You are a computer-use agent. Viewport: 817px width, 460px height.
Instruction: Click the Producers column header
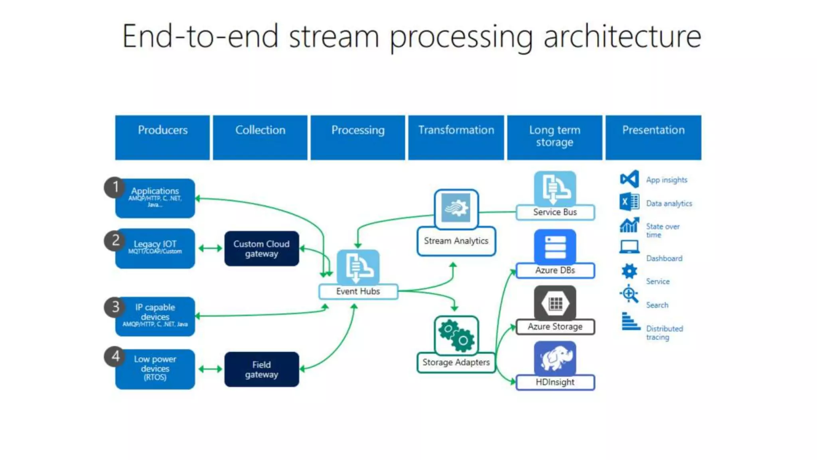[162, 137]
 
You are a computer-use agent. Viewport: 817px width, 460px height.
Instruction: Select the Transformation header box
[456, 137]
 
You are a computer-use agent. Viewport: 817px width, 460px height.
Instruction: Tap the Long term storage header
[555, 137]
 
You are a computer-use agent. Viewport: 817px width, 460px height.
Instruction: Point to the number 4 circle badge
[115, 356]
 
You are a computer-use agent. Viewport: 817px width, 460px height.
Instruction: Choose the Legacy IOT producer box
[156, 248]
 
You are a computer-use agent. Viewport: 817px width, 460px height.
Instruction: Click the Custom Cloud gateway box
[261, 248]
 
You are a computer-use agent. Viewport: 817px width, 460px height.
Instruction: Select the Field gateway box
[261, 369]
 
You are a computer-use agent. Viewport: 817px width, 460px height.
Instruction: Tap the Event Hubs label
[358, 291]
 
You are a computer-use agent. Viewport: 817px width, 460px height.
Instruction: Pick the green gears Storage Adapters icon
[456, 335]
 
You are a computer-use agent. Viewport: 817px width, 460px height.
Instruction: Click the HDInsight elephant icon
[555, 358]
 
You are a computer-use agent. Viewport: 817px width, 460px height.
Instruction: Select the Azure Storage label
[555, 327]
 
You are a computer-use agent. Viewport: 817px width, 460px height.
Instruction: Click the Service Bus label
[555, 212]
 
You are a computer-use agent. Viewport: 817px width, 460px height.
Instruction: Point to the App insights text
[667, 180]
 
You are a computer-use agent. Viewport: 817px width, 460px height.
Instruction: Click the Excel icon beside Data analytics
[629, 202]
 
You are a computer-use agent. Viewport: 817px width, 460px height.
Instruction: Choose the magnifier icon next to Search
[629, 294]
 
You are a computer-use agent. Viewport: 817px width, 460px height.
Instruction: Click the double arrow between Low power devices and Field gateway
[210, 369]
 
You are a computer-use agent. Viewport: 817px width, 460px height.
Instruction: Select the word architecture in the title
[622, 37]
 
